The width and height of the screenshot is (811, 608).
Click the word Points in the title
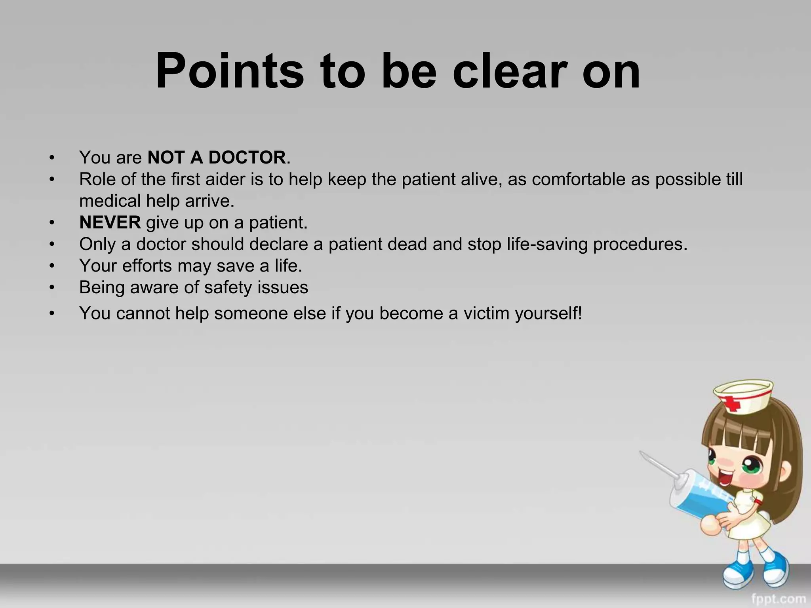click(230, 71)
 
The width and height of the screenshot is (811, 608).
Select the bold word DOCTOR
click(247, 158)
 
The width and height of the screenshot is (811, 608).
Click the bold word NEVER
click(110, 222)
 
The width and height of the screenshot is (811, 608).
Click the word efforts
click(147, 266)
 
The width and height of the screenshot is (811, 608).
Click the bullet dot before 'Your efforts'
click(51, 266)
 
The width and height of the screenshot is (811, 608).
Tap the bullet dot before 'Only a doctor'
click(51, 245)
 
